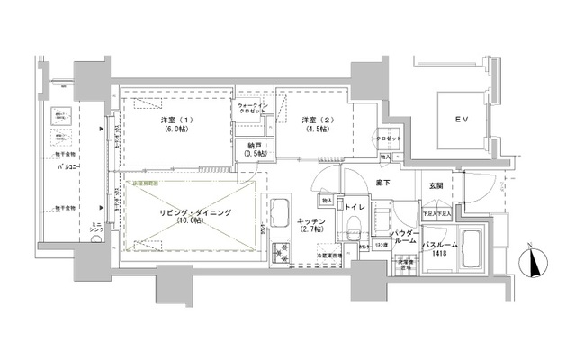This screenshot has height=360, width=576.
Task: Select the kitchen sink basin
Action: click(279, 213)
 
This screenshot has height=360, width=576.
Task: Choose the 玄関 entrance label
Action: click(436, 185)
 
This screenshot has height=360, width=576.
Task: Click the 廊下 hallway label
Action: click(381, 184)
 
